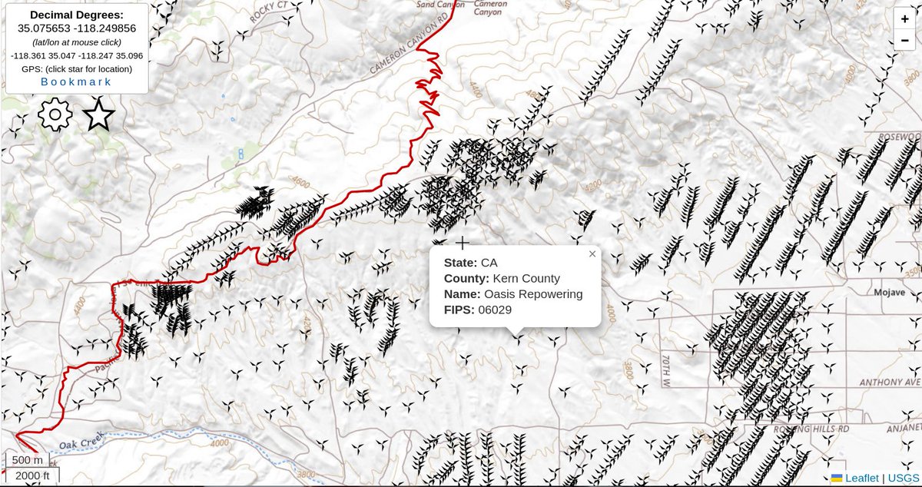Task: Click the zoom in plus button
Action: point(904,20)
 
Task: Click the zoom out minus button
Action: point(904,41)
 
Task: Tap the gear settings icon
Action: point(55,115)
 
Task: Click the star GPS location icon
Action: point(98,115)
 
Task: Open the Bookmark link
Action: point(76,81)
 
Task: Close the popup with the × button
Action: point(592,253)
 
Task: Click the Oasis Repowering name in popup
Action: point(533,294)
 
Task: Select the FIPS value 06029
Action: point(495,310)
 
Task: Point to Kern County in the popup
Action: point(526,278)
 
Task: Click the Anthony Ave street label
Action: point(890,382)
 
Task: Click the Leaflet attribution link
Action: point(861,478)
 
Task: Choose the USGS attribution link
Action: point(903,478)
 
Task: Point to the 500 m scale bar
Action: point(27,460)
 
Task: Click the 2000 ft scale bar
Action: point(32,476)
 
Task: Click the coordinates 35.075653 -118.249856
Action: point(76,28)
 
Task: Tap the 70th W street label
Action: point(665,370)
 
